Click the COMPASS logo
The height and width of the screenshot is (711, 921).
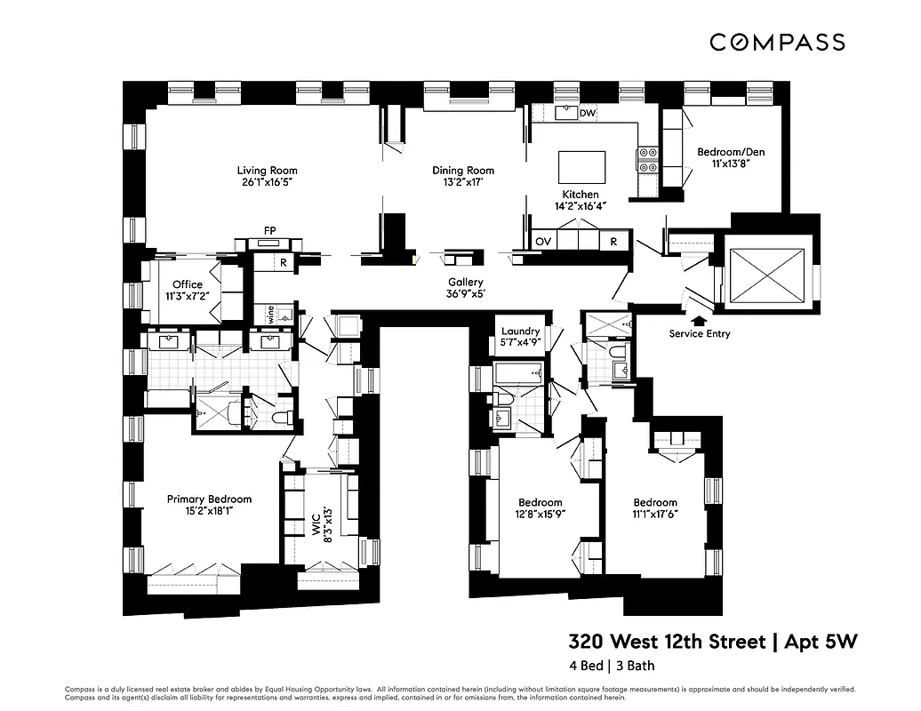tap(777, 42)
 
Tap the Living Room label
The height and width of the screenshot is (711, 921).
tap(267, 171)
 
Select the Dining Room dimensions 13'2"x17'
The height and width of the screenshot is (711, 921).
tap(463, 184)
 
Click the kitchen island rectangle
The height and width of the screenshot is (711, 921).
tap(581, 167)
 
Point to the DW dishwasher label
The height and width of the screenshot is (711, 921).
tap(587, 114)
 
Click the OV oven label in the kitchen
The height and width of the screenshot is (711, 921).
tap(543, 241)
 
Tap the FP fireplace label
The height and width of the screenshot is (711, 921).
tap(269, 230)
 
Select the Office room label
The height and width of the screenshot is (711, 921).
tap(188, 284)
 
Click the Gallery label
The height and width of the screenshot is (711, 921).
tap(465, 281)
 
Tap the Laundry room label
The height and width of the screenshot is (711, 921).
tap(520, 331)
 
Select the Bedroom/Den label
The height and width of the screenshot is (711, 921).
tap(731, 152)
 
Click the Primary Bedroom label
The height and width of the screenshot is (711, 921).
tap(209, 499)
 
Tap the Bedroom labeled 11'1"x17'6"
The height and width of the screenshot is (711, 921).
tap(655, 502)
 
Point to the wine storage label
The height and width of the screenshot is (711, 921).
tap(268, 314)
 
